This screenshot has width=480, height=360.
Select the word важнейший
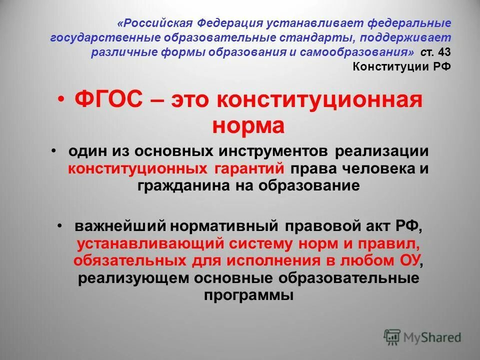120,226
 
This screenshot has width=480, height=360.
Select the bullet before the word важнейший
60,226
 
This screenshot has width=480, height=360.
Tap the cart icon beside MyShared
392,337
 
